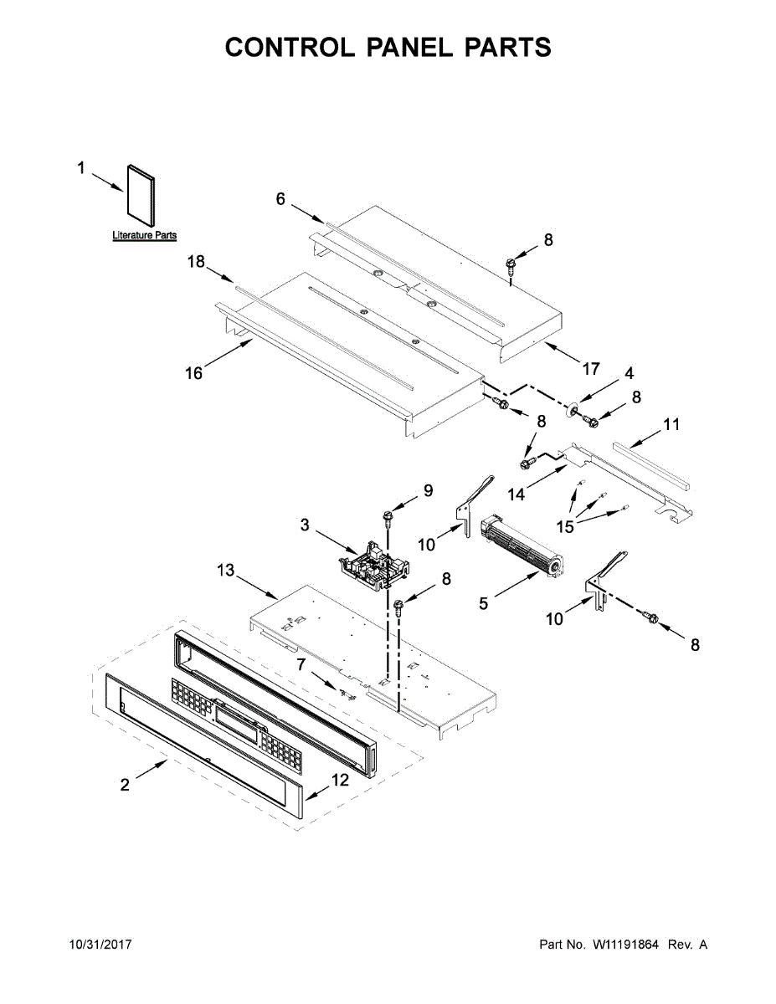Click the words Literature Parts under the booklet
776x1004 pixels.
coord(145,236)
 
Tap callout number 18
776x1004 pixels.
coord(196,263)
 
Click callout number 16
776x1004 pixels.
coord(194,373)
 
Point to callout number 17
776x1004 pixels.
coord(592,368)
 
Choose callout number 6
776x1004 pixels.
coord(281,198)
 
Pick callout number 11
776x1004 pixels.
coord(671,425)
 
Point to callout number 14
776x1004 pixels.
coord(516,494)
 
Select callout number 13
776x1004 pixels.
coord(226,571)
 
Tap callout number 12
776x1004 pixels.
coord(339,780)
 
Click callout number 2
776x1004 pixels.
coord(125,785)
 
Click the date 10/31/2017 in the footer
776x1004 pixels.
coord(100,945)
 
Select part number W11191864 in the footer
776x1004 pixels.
coord(626,945)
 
